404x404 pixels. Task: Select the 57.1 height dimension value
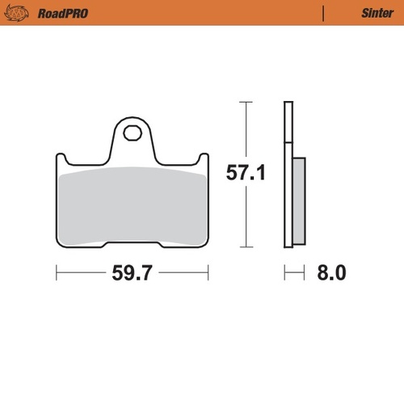pyautogui.click(x=246, y=173)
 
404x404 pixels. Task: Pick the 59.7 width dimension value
pyautogui.click(x=133, y=273)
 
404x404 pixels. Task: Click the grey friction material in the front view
pyautogui.click(x=132, y=206)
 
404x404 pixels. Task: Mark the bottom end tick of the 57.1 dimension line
pyautogui.click(x=246, y=247)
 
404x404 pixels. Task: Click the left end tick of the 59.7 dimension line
pyautogui.click(x=56, y=273)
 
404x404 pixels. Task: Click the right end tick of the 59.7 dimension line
pyautogui.click(x=208, y=273)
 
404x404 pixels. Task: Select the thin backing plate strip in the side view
pyautogui.click(x=286, y=174)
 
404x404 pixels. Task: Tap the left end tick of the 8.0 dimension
pyautogui.click(x=284, y=273)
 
